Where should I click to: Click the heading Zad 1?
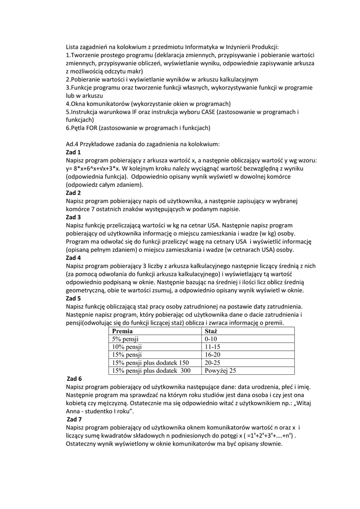(73, 152)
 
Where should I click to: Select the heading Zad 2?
(73, 192)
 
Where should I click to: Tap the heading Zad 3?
(73, 217)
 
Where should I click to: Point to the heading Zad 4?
(73, 258)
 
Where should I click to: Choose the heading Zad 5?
(73, 298)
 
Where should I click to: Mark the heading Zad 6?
(75, 379)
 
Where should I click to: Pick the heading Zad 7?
(75, 419)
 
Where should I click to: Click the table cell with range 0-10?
(211, 339)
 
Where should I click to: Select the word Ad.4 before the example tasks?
(73, 144)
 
